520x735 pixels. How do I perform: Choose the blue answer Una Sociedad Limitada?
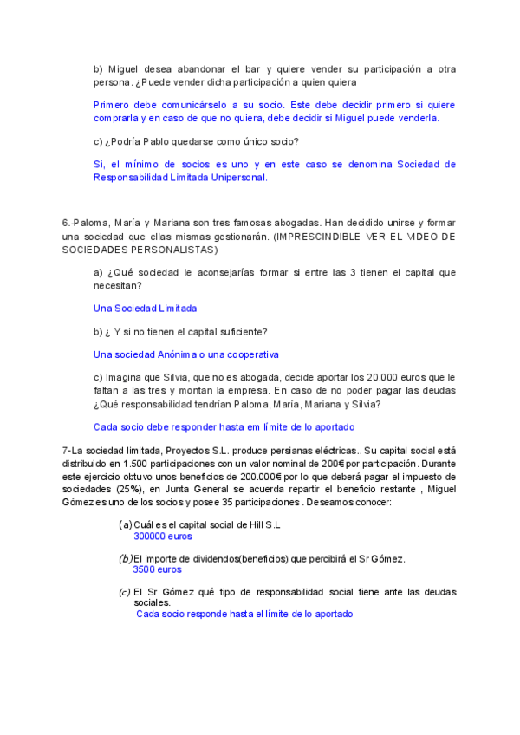coord(145,308)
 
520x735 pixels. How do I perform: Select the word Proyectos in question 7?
coord(191,450)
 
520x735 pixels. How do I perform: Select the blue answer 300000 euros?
coord(163,537)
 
